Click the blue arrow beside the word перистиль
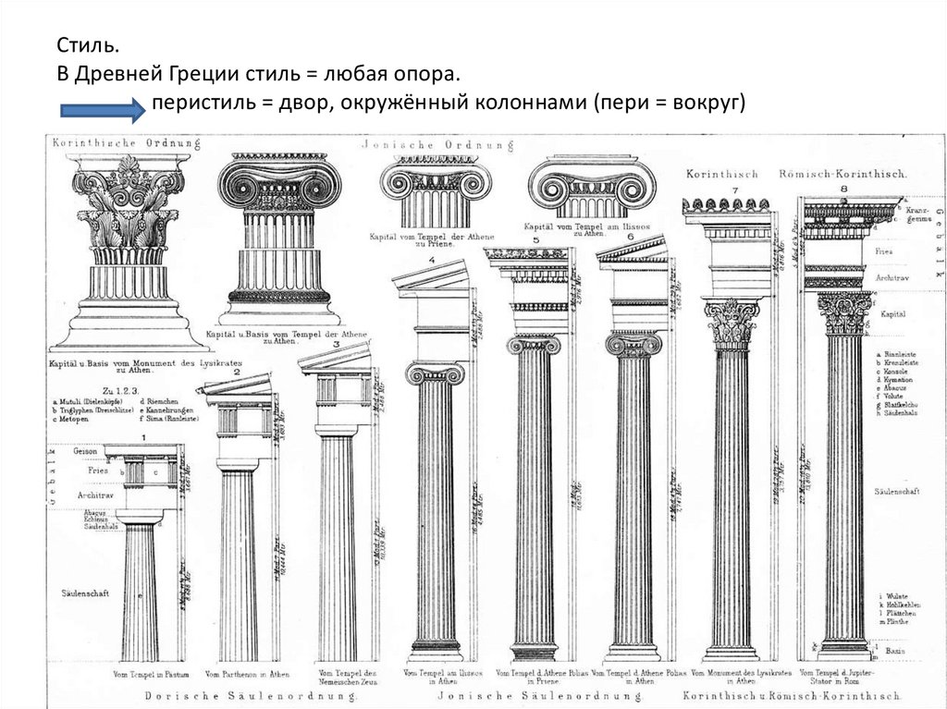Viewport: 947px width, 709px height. click(103, 111)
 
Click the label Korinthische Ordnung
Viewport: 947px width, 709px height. click(102, 142)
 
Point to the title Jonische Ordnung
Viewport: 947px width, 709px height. click(424, 145)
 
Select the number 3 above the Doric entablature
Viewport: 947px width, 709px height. click(338, 345)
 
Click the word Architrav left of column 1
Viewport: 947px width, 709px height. click(94, 496)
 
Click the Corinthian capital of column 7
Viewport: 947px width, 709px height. click(732, 323)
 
